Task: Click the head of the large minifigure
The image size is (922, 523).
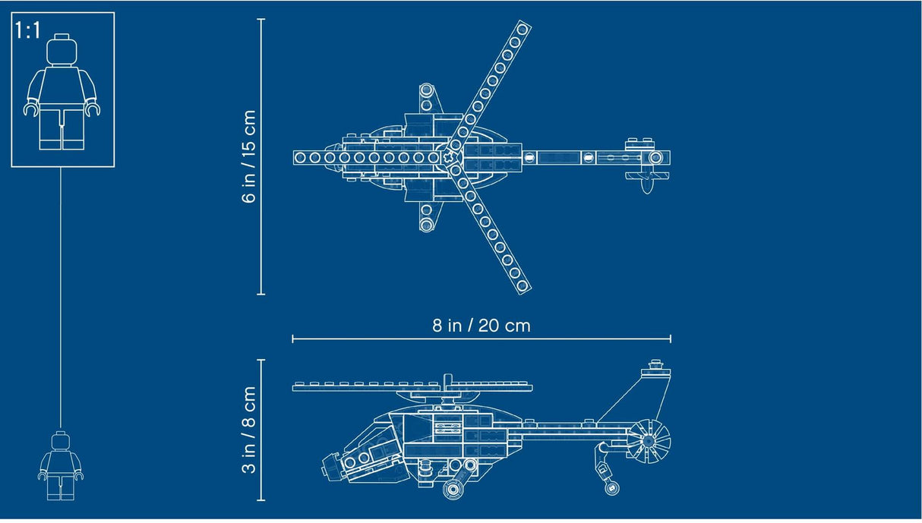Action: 62,52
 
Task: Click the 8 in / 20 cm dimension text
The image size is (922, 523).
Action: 482,325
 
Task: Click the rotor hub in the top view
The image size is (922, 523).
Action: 453,157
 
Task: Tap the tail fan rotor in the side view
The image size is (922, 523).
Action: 650,441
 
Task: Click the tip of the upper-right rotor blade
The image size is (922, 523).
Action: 522,30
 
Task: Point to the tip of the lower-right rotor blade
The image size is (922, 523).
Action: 522,285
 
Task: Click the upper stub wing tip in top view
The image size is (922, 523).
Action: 427,90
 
